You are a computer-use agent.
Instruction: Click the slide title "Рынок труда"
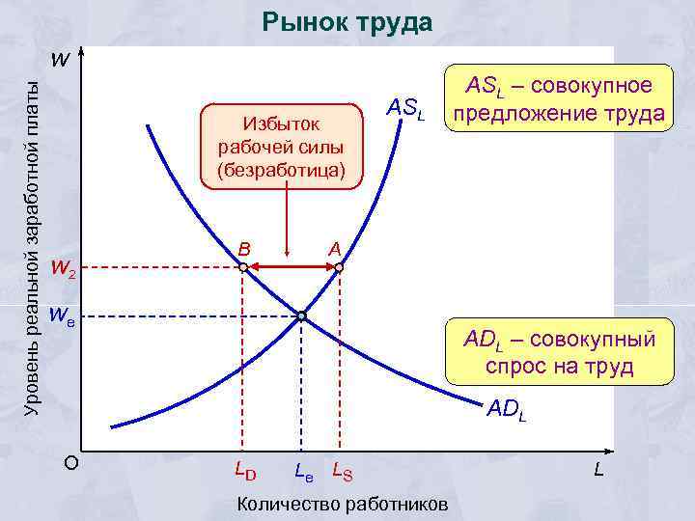[347, 23]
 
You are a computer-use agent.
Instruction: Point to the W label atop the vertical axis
[60, 60]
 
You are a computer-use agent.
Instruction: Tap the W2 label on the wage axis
[63, 268]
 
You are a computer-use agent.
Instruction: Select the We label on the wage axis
[62, 315]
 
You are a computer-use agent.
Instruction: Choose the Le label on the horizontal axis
[304, 473]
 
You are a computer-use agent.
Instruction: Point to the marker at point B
[244, 267]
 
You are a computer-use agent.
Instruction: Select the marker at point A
[339, 267]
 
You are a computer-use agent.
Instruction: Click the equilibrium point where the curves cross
[301, 315]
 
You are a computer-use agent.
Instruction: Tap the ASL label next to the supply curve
[405, 109]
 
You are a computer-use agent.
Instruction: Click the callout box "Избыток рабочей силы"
[281, 147]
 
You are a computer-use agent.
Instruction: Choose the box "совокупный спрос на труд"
[559, 352]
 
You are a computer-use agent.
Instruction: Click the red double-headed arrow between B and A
[291, 267]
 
